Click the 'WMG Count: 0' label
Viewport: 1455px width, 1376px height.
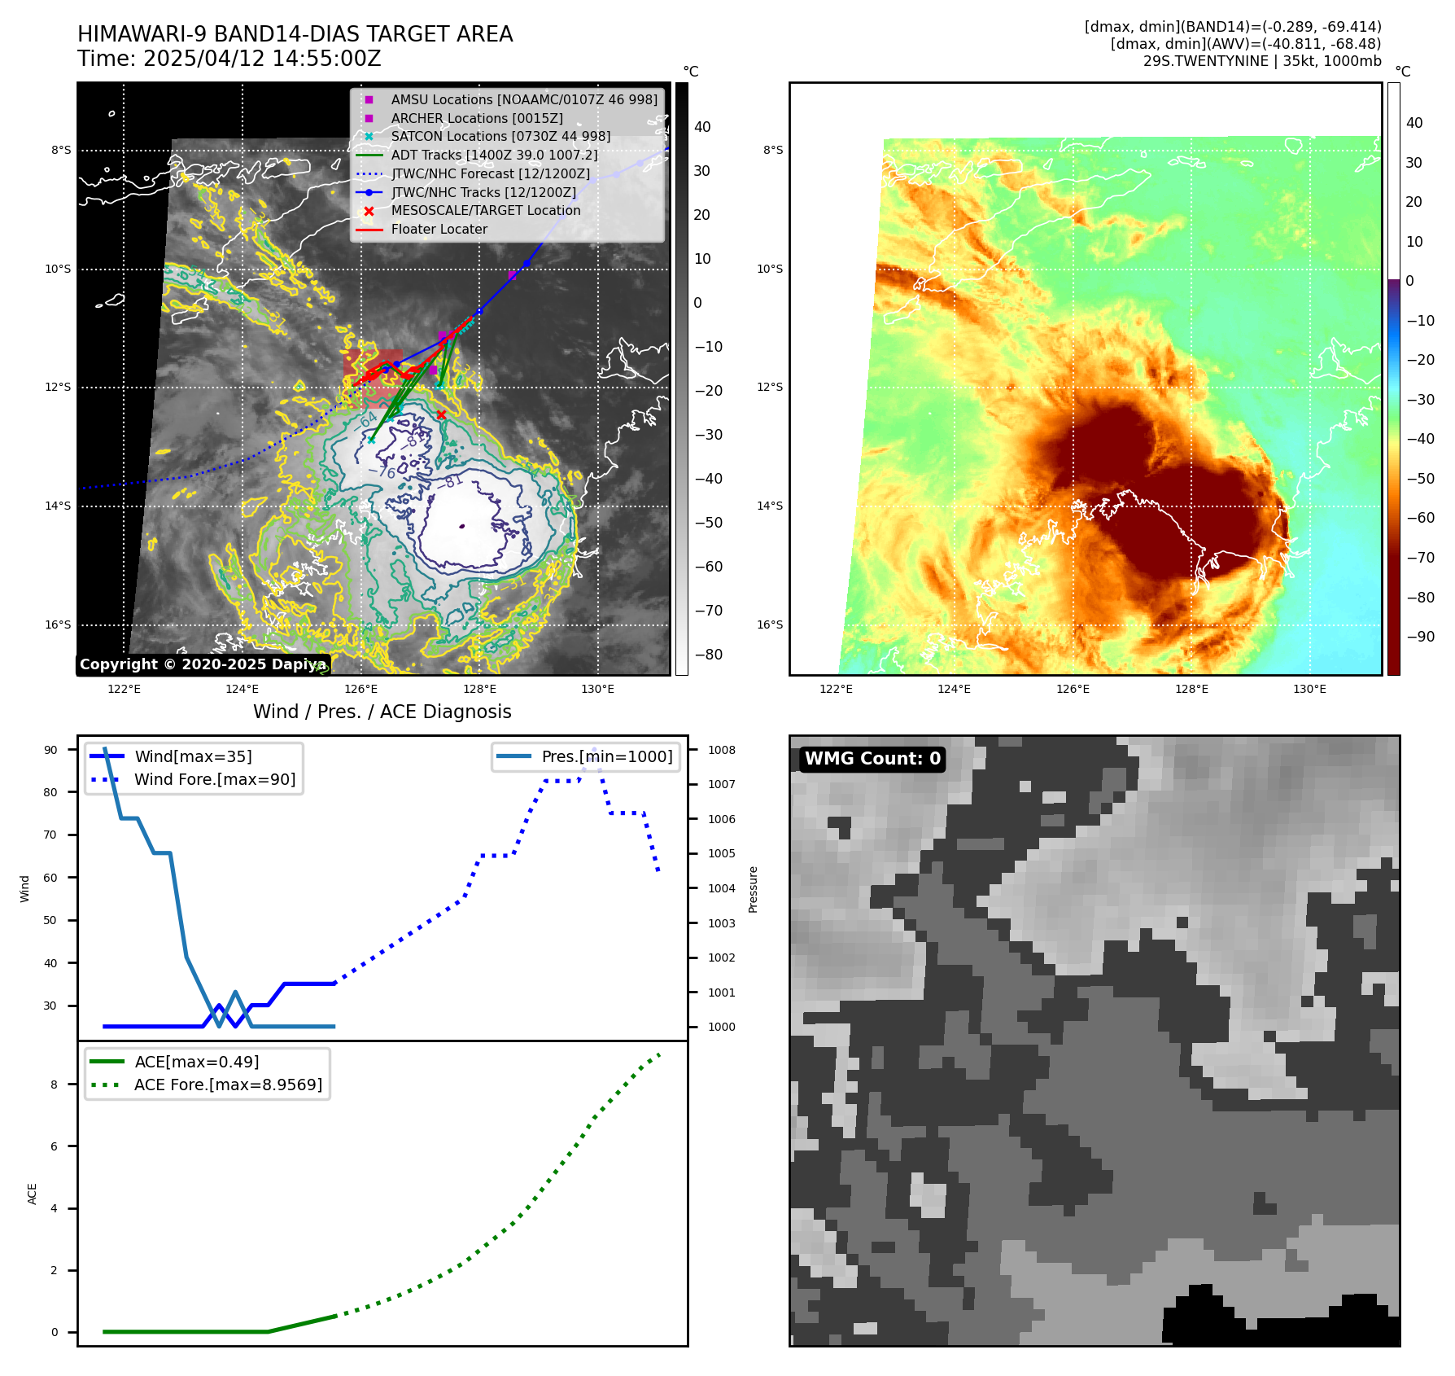(872, 759)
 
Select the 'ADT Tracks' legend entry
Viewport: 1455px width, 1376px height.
(494, 155)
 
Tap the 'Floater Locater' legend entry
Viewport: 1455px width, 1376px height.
(439, 230)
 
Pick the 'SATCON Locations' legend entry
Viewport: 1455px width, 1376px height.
(500, 136)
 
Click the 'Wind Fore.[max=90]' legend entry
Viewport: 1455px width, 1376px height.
(215, 779)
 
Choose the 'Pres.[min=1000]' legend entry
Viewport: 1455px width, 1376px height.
(607, 756)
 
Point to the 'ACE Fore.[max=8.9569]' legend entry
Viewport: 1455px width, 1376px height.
(228, 1085)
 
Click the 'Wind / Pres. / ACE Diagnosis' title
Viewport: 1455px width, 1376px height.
(382, 712)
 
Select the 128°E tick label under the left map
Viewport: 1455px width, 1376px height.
(479, 689)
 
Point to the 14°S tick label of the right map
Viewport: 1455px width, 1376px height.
(770, 506)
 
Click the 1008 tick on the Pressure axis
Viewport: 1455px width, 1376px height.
(721, 750)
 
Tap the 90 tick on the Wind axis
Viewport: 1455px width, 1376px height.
(51, 750)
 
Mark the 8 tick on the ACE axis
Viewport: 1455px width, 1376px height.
(55, 1085)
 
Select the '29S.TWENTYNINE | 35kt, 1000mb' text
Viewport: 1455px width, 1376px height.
(1261, 61)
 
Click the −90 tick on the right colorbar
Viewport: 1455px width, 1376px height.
(1421, 637)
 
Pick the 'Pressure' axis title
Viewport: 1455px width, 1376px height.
(754, 889)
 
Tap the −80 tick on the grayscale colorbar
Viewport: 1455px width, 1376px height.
(708, 655)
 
